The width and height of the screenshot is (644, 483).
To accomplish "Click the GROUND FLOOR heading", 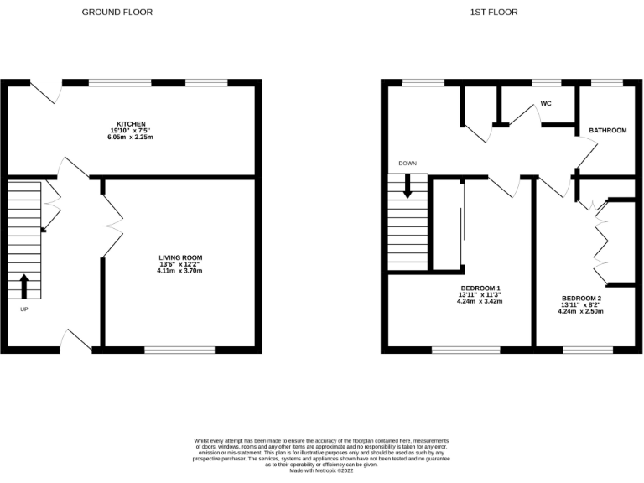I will tap(117, 13).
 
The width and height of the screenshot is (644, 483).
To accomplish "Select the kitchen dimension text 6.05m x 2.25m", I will tap(131, 138).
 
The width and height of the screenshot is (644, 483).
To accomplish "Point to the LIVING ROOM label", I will tap(181, 257).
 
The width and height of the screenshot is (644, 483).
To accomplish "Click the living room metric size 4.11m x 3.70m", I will tap(181, 272).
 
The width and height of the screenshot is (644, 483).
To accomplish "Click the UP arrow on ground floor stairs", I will tap(23, 287).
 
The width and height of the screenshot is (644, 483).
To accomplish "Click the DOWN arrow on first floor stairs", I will tap(408, 186).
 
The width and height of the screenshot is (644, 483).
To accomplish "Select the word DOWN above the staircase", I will tap(408, 164).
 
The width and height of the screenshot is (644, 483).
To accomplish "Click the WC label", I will tap(546, 105).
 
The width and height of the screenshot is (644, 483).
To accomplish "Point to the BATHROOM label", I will tap(607, 131).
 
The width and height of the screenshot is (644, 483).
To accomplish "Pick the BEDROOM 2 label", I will tap(581, 298).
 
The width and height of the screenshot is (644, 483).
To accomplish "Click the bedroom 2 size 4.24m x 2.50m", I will tap(581, 312).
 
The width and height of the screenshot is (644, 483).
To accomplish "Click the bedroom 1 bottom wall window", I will tap(466, 348).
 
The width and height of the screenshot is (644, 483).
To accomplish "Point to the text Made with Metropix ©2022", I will tap(321, 472).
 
